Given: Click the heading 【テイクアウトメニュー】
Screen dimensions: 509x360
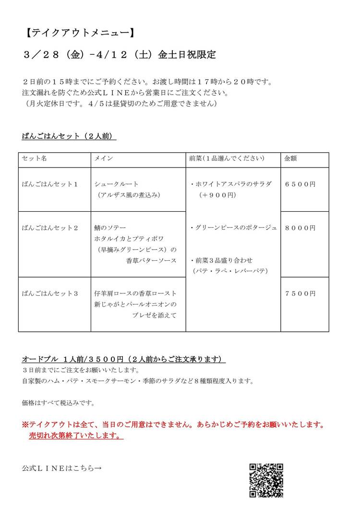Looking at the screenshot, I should point(78,33).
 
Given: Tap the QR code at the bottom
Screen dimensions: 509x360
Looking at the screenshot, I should point(266,480).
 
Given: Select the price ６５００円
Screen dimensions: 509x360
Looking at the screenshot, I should point(300,184).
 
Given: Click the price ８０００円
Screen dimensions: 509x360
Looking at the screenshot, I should point(300,228).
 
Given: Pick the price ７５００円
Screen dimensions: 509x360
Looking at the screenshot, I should point(300,293).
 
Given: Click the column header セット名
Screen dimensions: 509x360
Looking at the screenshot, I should point(34,158).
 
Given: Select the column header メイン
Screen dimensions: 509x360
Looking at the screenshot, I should point(104,158).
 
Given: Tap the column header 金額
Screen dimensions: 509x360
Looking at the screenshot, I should point(290,158).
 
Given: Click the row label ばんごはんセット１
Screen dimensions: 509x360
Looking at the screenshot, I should point(50,184).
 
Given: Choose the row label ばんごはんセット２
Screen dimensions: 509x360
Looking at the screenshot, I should point(50,228).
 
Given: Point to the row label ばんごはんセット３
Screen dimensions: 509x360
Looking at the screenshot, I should point(50,293).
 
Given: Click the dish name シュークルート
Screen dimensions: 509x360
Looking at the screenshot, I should point(117,184).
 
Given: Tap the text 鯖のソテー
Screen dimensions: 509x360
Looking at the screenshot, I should point(110,228).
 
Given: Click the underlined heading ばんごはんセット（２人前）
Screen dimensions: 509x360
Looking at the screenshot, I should point(69,136).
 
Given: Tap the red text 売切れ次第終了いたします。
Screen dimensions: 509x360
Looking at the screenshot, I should point(76,436).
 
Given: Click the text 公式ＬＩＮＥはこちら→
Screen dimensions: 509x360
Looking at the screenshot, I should point(61,468).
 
